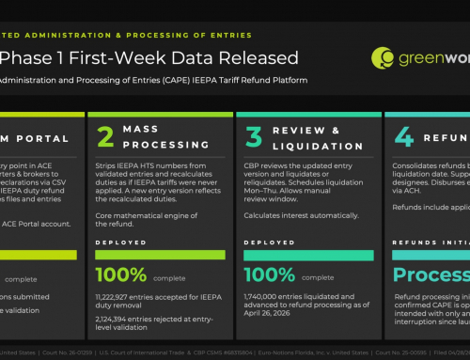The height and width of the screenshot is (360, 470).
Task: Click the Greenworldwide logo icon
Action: (383, 58)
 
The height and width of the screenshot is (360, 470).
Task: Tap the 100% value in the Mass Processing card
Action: (121, 274)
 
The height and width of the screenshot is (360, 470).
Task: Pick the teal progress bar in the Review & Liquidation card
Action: (305, 255)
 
